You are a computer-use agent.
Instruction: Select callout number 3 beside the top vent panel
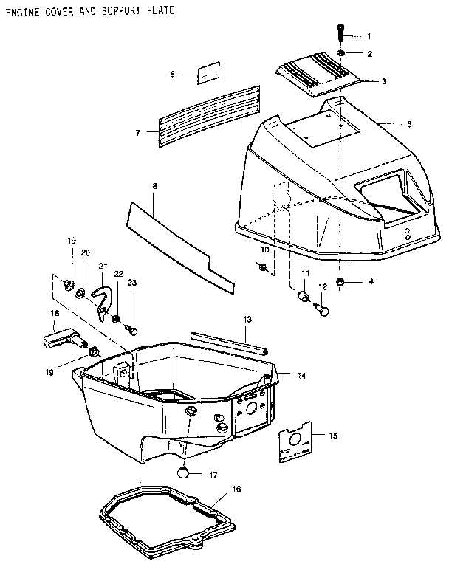385,81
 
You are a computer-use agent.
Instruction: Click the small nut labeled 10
264,267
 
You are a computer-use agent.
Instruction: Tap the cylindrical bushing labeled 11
302,297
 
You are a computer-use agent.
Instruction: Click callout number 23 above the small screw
132,282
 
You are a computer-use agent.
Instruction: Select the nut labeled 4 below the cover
341,283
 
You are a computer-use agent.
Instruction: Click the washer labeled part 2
342,53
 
